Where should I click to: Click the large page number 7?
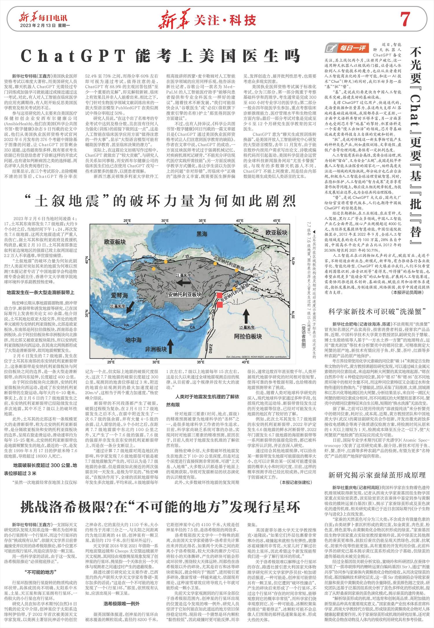coord(405,20)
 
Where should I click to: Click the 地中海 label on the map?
coord(133,339)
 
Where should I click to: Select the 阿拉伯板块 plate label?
coord(248,336)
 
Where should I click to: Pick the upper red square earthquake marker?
coord(220,295)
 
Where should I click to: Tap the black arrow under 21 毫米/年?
coord(184,283)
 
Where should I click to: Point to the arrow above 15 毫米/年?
coord(246,316)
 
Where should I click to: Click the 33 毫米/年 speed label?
coord(117,306)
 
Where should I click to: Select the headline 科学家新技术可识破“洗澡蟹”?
coord(377,312)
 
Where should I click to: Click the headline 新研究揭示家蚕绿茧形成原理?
coord(377,475)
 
